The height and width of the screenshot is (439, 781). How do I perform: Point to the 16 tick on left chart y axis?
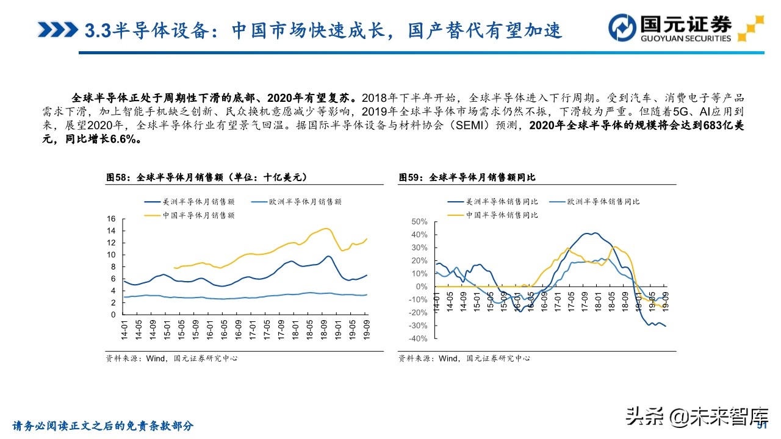[111, 218]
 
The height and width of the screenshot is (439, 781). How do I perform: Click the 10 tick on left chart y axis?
[111, 254]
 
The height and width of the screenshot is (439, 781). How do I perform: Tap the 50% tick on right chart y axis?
[420, 221]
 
